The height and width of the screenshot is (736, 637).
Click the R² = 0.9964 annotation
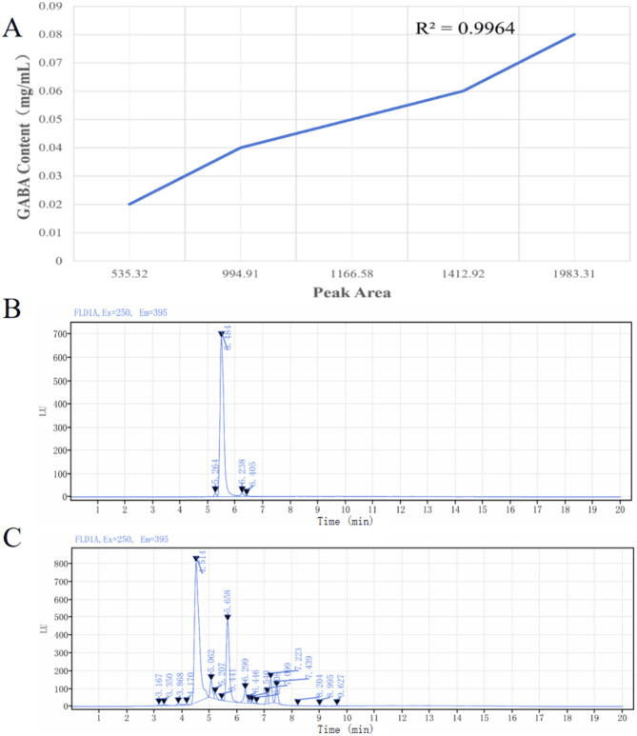(x=466, y=28)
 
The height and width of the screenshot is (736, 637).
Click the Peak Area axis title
(x=352, y=293)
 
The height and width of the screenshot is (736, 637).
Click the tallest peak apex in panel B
(x=222, y=334)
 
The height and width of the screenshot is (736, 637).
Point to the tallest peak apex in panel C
(x=196, y=559)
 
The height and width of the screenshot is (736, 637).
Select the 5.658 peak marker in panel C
(x=228, y=617)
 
